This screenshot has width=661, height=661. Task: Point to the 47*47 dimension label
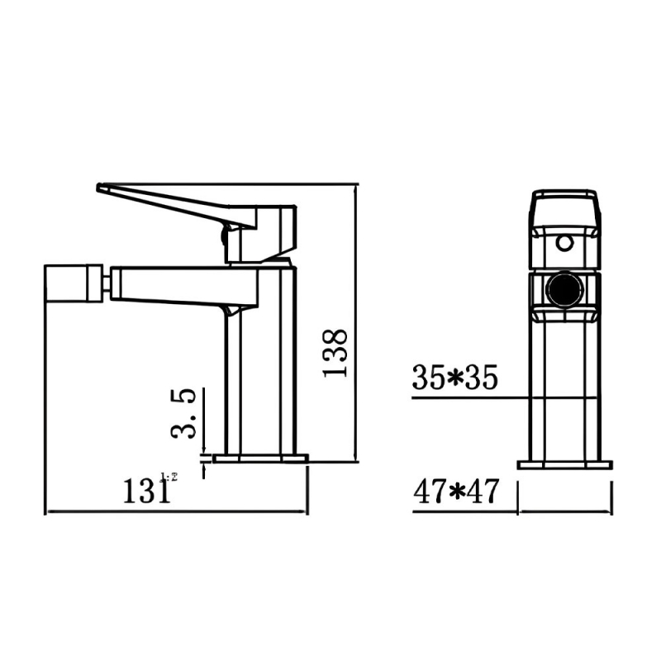pos(456,492)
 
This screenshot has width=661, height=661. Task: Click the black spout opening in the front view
pos(565,292)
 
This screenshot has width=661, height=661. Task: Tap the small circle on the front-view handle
pos(565,243)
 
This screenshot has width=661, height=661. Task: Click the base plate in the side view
pos(260,457)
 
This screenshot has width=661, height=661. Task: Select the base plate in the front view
pos(564,464)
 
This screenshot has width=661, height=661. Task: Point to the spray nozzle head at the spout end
pos(74,283)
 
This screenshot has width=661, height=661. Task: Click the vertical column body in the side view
pos(259,380)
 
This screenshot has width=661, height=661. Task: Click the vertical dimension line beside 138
pos(356,322)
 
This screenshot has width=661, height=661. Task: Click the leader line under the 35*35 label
pos(463,398)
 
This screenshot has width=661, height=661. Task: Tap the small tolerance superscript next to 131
pos(173,477)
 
